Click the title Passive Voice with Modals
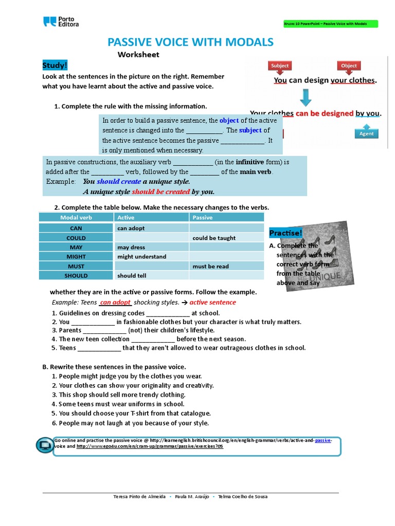pyautogui.click(x=190, y=42)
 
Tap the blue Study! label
pyautogui.click(x=55, y=65)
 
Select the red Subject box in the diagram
pyautogui.click(x=280, y=66)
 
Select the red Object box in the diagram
pyautogui.click(x=348, y=66)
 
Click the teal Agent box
pyautogui.click(x=366, y=134)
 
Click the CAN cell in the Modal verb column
pyautogui.click(x=76, y=228)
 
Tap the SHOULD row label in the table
pyautogui.click(x=77, y=275)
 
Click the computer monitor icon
pyautogui.click(x=45, y=445)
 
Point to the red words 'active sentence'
pyautogui.click(x=212, y=302)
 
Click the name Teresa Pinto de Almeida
pyautogui.click(x=139, y=497)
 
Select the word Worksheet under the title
pyautogui.click(x=138, y=54)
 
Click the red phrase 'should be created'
pyautogui.click(x=160, y=192)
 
